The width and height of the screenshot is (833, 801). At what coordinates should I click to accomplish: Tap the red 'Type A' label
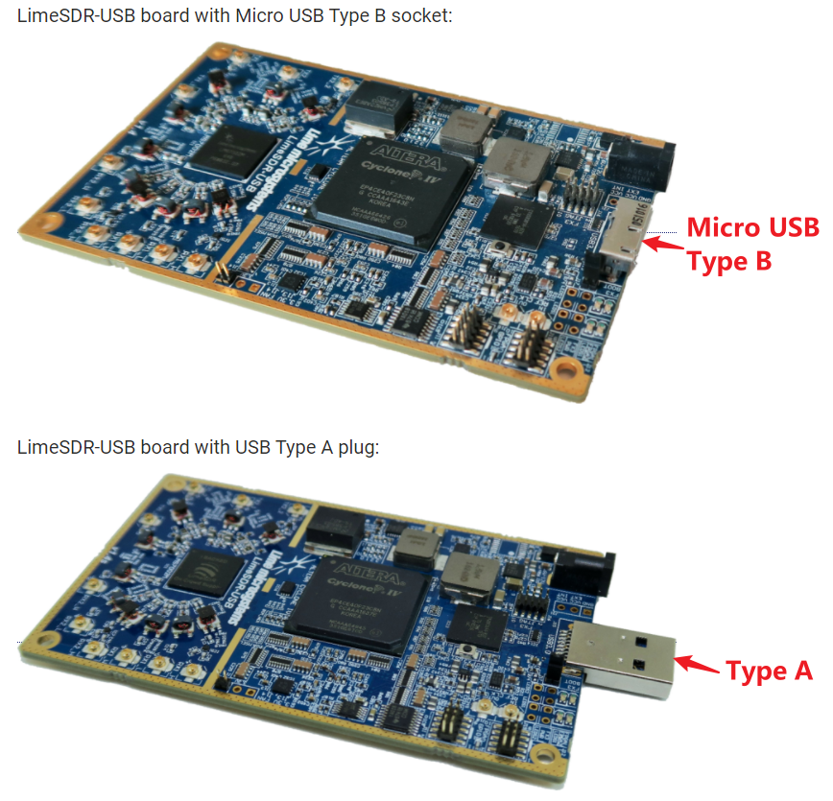coord(769,671)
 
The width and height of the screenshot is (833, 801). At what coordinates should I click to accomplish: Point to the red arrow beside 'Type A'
coord(698,664)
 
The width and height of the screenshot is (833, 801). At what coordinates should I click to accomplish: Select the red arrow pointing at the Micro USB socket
coord(661,243)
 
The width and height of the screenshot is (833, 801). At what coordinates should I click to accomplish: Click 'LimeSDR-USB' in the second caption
coord(64,448)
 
